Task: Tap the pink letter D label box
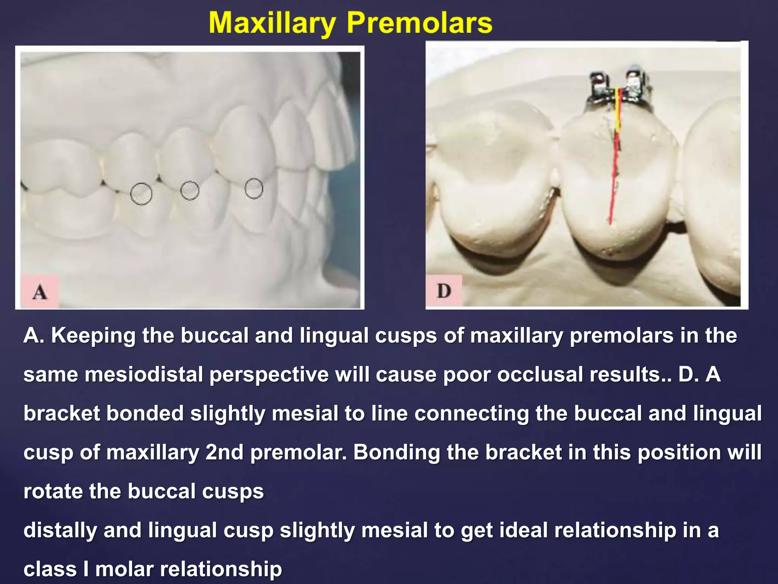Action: pyautogui.click(x=444, y=291)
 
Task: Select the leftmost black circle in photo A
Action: pyautogui.click(x=141, y=194)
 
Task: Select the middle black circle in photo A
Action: pyautogui.click(x=190, y=190)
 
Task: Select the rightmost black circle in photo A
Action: pyautogui.click(x=254, y=188)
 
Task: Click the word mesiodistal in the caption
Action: pyautogui.click(x=144, y=375)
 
